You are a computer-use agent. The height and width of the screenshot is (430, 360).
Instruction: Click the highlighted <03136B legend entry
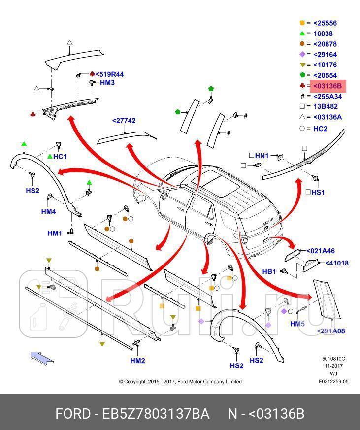tap(327, 87)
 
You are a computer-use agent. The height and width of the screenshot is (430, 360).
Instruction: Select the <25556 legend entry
tap(325, 23)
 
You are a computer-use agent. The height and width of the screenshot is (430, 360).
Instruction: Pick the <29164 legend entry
tap(325, 55)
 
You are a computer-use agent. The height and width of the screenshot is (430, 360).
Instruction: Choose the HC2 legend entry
tap(320, 129)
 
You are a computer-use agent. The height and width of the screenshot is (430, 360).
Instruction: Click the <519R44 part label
tap(109, 75)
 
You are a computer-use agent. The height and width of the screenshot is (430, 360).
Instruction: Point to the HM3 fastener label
tap(107, 83)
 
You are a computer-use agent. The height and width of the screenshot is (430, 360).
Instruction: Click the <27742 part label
tap(124, 121)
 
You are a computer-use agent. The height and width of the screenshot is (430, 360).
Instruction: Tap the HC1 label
tap(60, 157)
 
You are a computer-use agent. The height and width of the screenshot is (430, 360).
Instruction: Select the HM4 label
tap(48, 212)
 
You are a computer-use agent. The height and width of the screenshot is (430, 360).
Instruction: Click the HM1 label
tap(55, 233)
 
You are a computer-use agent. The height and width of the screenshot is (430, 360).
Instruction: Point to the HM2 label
tap(137, 361)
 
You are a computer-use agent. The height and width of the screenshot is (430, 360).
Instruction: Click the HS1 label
tap(318, 192)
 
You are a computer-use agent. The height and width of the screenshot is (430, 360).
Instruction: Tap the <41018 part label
tap(337, 263)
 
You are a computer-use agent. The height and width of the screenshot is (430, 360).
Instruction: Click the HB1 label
tap(269, 271)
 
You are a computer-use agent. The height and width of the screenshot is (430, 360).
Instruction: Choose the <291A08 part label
tap(330, 331)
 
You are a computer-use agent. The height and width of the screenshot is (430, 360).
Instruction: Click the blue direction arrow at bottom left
tap(42, 357)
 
